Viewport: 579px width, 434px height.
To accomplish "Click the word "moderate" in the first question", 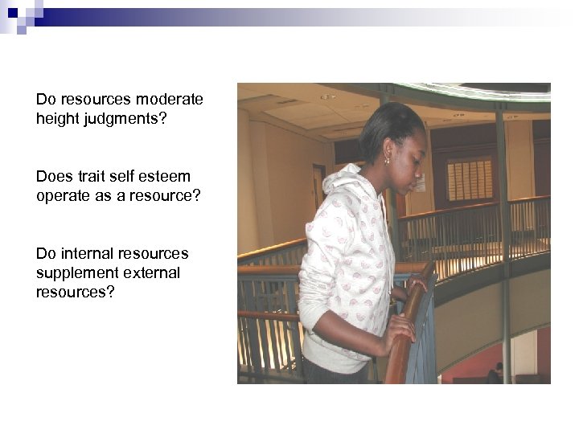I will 170,100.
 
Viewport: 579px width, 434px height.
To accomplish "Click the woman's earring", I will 386,161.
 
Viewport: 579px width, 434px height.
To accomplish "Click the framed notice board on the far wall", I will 470,178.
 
